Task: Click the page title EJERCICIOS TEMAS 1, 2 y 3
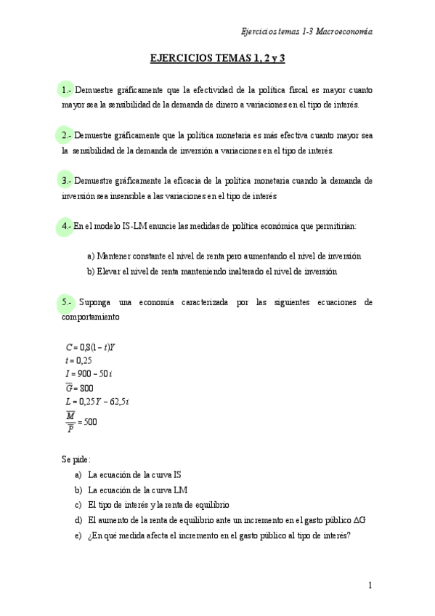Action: click(x=217, y=57)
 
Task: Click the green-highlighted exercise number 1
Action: click(x=68, y=91)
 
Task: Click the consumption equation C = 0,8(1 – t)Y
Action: click(x=91, y=346)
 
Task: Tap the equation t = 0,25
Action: click(x=79, y=360)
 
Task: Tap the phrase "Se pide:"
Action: click(x=76, y=459)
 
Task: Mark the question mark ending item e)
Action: click(x=350, y=535)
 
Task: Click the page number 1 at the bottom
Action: click(x=370, y=585)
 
